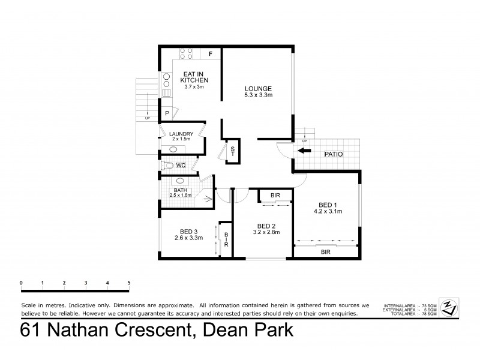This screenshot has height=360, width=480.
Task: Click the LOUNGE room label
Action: tap(258, 88)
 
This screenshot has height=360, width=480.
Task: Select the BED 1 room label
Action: tap(327, 204)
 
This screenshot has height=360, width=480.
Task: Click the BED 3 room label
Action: tap(188, 230)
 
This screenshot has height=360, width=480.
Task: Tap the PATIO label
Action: tap(334, 154)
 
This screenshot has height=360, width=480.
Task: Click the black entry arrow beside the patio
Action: tap(305, 151)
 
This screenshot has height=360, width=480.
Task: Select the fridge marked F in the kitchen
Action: tap(210, 54)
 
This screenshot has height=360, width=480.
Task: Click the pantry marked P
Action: tap(166, 112)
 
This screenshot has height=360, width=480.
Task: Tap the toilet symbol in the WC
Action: tap(169, 165)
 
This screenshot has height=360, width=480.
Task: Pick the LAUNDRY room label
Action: tap(181, 134)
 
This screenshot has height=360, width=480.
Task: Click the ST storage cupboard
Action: tap(232, 151)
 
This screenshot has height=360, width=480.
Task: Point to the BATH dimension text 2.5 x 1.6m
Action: tap(180, 195)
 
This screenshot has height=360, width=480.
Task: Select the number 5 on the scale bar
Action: tap(129, 283)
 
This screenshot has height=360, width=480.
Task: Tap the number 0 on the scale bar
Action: tap(21, 283)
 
